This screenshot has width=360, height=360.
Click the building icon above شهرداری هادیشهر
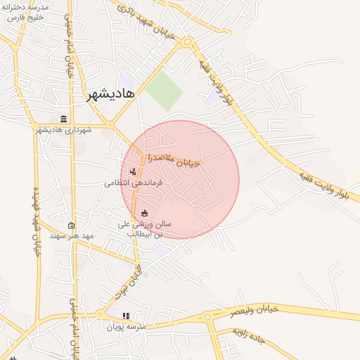coord(64,119)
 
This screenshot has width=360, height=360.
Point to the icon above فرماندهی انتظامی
coord(132,172)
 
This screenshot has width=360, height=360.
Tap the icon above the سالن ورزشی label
coord(145,214)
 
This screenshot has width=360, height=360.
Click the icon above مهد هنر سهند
coord(71,226)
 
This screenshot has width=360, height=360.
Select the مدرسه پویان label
coord(126,327)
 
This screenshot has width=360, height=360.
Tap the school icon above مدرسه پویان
coord(127,316)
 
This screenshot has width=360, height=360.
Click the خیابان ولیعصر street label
coord(255,309)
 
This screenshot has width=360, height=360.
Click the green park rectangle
coord(165,91)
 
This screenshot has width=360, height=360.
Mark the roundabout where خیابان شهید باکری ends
coord(186,44)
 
